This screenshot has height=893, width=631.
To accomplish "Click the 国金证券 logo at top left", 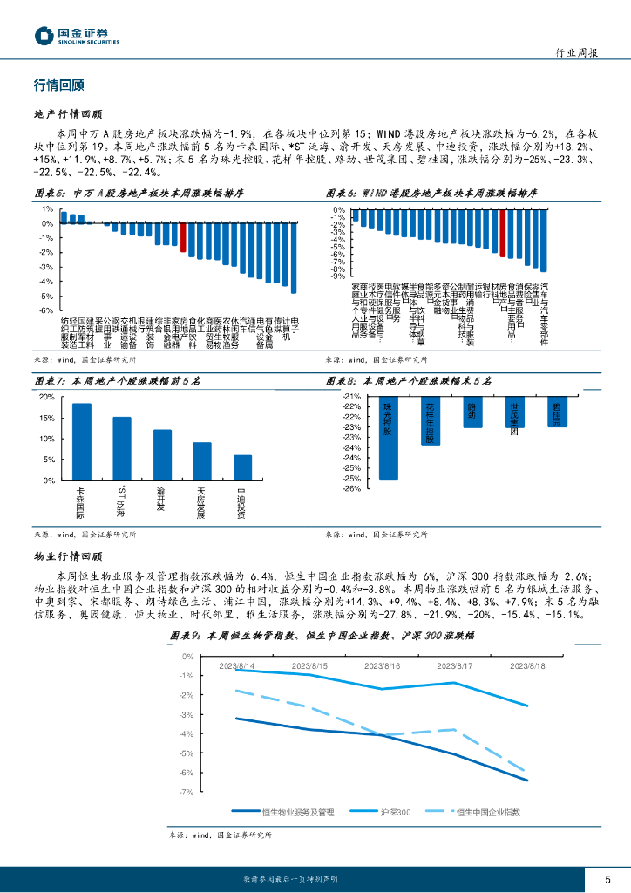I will tap(77, 36).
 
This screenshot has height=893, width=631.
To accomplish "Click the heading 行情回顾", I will tap(58, 85).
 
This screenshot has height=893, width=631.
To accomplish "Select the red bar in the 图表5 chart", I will tap(183, 237).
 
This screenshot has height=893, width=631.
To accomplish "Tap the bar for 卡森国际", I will tap(81, 441).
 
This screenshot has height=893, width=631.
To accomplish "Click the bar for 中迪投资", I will tap(242, 467).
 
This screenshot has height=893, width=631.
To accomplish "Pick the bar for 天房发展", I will tap(202, 461).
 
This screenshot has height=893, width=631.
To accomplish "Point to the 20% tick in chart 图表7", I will tap(45, 397).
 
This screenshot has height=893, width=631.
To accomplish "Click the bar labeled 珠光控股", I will tap(389, 438).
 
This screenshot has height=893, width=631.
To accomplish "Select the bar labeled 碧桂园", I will tap(558, 412).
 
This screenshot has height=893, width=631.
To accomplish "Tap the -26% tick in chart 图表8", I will tap(351, 488).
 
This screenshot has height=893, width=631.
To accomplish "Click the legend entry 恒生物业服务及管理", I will tap(290, 812).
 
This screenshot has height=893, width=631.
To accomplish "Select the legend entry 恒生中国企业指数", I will tap(478, 812).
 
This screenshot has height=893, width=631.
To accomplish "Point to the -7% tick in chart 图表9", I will tap(187, 792).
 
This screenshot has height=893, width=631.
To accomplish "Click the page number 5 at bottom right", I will tap(607, 877).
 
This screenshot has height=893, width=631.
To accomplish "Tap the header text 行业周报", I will tap(576, 52).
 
